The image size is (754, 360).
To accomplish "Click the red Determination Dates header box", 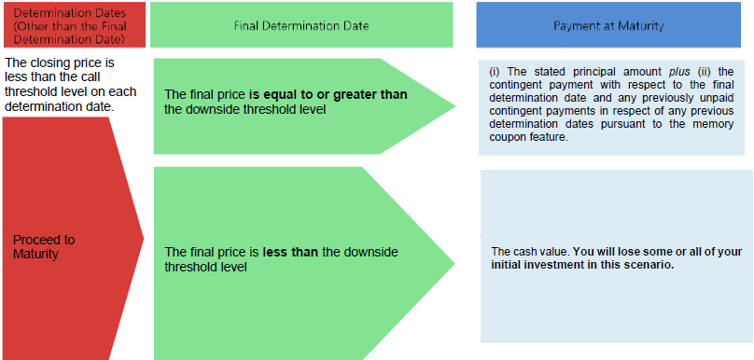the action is (73, 24).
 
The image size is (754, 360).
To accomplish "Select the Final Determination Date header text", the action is (301, 25).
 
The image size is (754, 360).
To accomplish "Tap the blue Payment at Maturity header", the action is (608, 24).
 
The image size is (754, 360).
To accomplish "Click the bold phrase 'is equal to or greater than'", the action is (328, 95).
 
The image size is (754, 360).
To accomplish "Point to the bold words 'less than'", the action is (290, 253).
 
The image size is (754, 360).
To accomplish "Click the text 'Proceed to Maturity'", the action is (44, 246).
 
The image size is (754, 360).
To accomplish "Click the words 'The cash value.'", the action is (530, 252).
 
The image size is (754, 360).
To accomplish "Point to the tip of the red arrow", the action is (144, 238).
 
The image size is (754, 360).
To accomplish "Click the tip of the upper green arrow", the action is (454, 106).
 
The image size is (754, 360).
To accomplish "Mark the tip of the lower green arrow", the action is (454, 263).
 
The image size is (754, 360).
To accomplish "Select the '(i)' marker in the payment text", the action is (495, 72).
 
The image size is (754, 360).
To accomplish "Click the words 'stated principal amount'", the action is (594, 72).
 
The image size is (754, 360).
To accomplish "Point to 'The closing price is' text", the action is (59, 63).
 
